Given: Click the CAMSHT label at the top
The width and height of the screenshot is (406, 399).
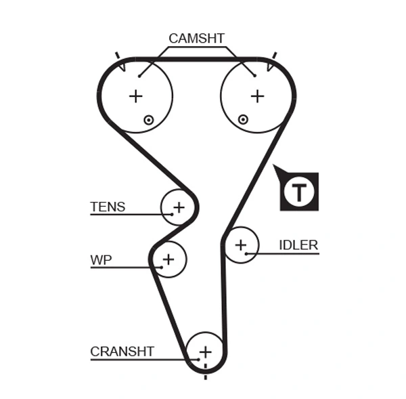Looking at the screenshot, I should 196,39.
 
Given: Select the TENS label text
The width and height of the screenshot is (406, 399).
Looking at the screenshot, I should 108,207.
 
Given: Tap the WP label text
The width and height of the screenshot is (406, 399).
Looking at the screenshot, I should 101,259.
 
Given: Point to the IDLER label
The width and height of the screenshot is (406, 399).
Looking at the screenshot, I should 298,245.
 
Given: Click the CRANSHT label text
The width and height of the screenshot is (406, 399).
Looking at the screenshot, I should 122,352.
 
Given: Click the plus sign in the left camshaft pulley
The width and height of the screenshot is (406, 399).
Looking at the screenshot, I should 136,96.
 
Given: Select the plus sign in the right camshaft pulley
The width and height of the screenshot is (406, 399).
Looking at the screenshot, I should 257,96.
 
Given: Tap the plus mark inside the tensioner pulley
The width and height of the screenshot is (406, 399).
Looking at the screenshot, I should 179,207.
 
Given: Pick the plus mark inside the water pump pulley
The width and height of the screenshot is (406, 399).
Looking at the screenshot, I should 168,259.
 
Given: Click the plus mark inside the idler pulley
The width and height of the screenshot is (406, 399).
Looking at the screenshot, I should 241,245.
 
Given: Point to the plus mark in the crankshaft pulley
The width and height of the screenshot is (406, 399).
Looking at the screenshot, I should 205,352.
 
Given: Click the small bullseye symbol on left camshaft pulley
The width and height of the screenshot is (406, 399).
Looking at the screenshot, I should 149,120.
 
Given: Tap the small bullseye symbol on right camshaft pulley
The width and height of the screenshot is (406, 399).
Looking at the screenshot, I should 243,120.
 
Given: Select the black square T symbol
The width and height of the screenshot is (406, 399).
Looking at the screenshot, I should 298,191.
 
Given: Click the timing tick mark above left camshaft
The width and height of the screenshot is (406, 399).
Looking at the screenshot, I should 118,55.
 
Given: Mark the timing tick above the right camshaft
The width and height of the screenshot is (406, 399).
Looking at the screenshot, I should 275,55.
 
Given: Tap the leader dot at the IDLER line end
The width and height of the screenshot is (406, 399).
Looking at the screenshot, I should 247,253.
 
